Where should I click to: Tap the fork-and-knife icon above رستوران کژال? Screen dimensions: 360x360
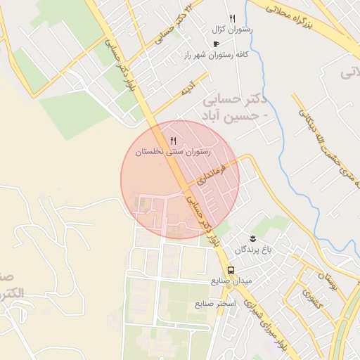[233, 19]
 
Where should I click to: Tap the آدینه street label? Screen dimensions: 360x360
[187, 89]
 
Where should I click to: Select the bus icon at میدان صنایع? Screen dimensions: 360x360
[231, 270]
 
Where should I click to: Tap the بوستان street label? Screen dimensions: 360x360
[328, 281]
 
